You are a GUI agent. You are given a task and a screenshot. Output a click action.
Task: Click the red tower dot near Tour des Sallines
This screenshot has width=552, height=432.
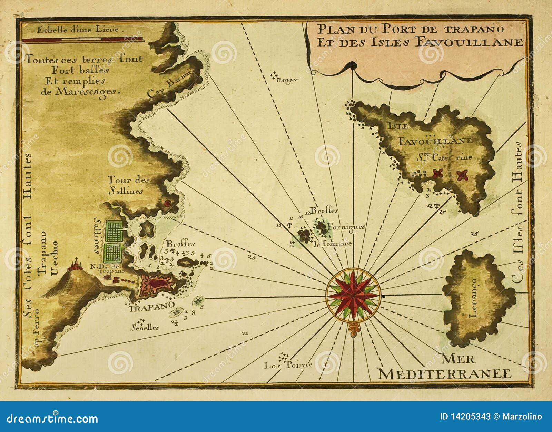pyautogui.click(x=168, y=203)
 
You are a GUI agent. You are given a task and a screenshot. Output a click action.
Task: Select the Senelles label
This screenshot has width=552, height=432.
pyautogui.click(x=145, y=327)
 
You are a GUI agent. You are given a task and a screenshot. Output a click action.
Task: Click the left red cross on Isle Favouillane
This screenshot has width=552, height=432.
pyautogui.click(x=438, y=173)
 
